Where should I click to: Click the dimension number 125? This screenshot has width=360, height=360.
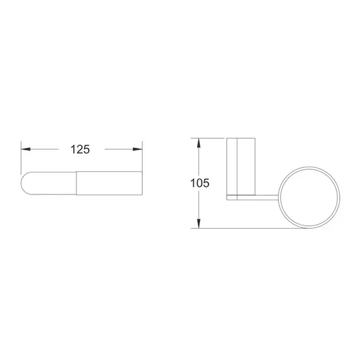80,150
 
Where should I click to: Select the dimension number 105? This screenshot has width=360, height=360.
200,184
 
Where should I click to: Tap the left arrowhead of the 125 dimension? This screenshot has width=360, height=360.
26,150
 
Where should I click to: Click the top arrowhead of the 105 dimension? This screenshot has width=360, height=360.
200,141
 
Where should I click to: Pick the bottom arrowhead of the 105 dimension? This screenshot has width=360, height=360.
200,224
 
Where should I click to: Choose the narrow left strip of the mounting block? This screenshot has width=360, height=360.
232,167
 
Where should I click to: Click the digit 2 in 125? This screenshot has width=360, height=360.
80,150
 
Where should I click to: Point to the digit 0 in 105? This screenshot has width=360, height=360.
200,184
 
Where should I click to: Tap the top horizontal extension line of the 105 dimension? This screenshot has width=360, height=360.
212,137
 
